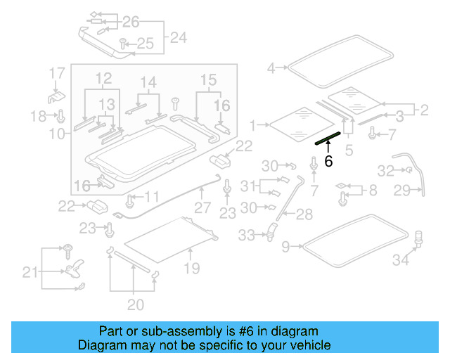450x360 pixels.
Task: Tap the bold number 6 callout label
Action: (328, 161)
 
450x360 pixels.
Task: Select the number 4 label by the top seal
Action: (271, 68)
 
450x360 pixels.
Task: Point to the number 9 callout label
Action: (285, 247)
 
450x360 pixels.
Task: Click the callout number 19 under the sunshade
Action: (191, 268)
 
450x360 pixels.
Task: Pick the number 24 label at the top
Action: (179, 37)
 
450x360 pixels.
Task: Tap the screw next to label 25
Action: (122, 44)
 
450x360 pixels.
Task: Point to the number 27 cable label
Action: (202, 208)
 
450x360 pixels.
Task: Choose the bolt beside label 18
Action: (61, 115)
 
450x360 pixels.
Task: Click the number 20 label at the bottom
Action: (135, 304)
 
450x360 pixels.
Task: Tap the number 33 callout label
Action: (247, 236)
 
